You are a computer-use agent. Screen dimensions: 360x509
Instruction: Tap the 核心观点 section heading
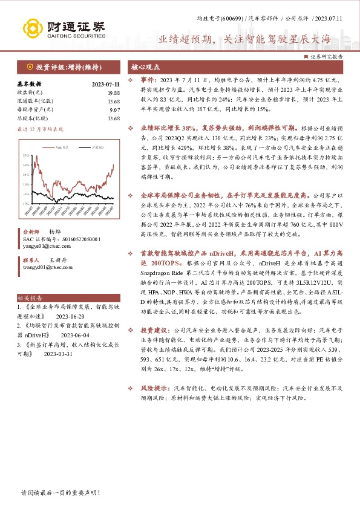point(147,68)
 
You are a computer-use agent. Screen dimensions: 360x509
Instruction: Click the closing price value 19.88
point(113,92)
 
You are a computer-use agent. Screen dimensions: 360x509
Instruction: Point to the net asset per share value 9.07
point(114,109)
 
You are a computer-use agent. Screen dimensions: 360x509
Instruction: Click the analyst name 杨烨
point(55,232)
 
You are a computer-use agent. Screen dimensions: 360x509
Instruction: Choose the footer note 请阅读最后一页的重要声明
point(61,493)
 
